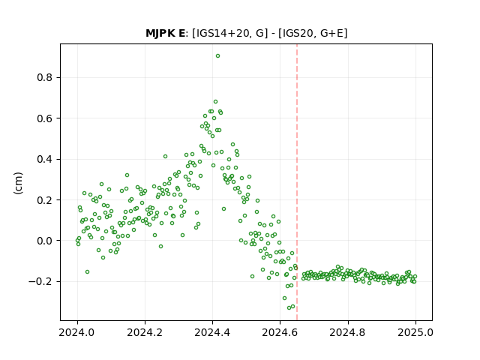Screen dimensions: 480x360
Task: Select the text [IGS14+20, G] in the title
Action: (228, 33)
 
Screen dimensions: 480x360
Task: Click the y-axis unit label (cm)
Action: (18, 183)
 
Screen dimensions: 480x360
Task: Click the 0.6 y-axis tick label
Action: (45, 118)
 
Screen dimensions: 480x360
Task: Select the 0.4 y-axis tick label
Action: (45, 159)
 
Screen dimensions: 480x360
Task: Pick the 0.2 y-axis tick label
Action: (45, 200)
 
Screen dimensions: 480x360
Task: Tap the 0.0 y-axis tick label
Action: (45, 241)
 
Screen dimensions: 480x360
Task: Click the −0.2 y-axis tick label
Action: (40, 281)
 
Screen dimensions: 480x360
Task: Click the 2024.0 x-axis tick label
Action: (77, 332)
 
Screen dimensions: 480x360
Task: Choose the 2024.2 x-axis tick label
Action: (145, 332)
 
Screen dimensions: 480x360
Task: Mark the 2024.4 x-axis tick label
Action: (212, 332)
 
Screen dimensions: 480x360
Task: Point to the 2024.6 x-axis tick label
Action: (280, 332)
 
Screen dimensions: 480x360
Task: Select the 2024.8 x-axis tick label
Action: (348, 332)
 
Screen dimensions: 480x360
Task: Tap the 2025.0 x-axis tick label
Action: (415, 332)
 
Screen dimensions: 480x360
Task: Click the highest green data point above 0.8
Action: (217, 56)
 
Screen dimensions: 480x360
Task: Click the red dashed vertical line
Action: (297, 182)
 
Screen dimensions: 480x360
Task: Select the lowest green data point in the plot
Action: (289, 307)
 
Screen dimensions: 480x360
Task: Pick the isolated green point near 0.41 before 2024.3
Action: (165, 157)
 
